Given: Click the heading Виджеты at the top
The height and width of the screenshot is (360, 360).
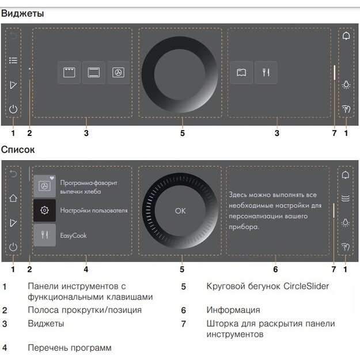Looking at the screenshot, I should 22,13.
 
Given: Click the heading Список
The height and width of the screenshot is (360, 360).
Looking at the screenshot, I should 18,150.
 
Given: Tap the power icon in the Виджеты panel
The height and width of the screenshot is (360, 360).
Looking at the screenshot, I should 13,108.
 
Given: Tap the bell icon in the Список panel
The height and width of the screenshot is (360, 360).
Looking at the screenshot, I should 346,175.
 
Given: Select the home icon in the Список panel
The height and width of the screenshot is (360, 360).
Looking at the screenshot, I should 13,198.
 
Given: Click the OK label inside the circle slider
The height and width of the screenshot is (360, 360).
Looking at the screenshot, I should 180,211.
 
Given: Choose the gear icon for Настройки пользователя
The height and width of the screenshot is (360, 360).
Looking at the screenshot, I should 44,211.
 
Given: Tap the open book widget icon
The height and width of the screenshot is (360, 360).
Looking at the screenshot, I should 241,73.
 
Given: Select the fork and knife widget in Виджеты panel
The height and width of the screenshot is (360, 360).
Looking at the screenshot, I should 266,73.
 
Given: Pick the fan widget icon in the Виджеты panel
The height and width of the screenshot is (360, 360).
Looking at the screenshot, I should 118,73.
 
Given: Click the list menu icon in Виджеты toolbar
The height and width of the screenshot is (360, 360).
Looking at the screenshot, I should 13,60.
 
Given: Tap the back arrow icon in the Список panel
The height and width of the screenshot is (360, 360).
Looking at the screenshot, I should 13,173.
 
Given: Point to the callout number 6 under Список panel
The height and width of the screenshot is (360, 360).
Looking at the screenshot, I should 275,269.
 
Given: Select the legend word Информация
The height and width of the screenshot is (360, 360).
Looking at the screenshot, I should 233,310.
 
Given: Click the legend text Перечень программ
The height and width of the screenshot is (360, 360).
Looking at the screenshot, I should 69,347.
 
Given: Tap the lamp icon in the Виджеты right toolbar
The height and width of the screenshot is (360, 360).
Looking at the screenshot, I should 346,84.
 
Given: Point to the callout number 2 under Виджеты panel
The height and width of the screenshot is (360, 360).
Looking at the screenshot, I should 29,134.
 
